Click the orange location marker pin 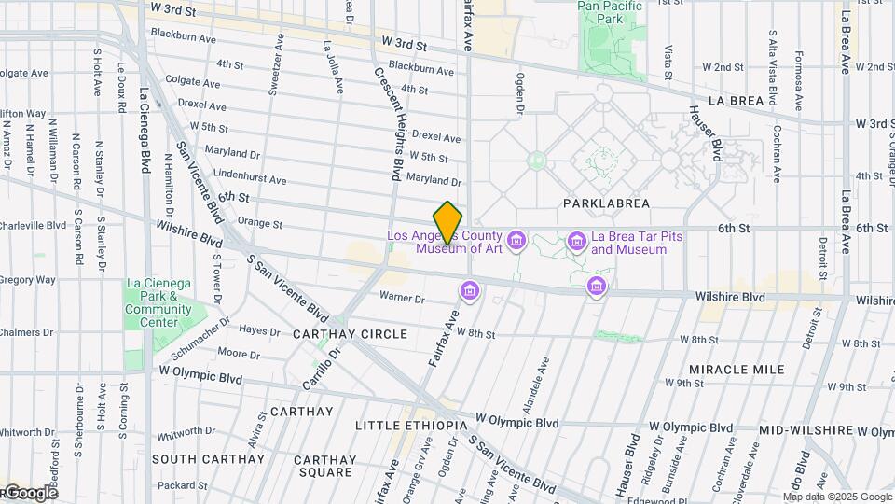pos(448,222)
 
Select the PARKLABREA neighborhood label pos(606,203)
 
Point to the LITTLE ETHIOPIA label pos(411,426)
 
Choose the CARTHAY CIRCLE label pos(350,334)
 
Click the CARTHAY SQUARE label pos(324,466)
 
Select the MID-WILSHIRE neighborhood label pos(806,430)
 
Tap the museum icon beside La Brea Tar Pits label pos(576,243)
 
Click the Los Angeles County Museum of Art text pos(447,243)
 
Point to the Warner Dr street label pos(402,299)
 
